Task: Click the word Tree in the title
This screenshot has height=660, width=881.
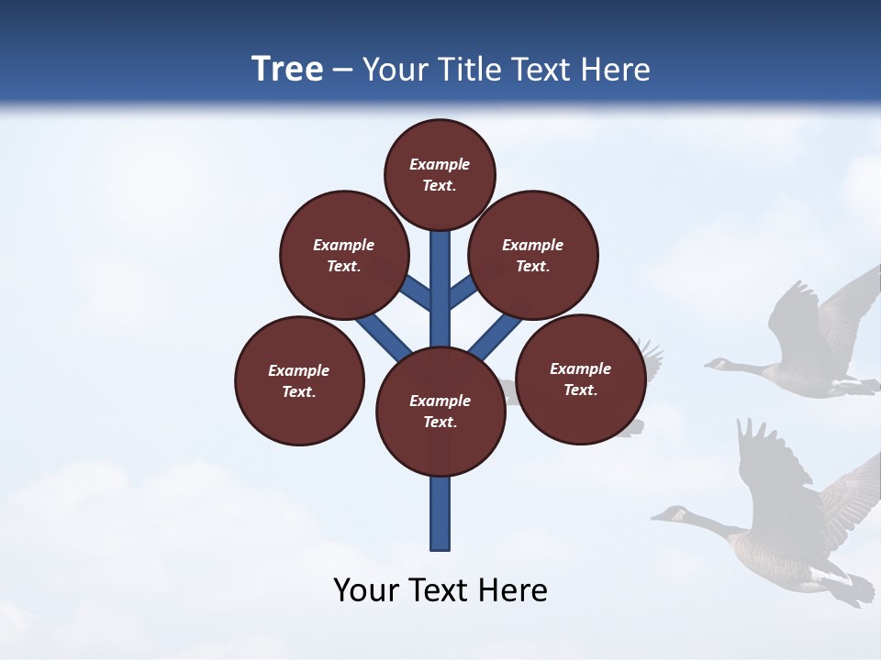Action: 287,70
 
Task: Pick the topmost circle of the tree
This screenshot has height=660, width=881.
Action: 440,174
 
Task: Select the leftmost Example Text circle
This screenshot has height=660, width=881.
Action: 299,380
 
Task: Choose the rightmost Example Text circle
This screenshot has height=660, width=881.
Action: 580,379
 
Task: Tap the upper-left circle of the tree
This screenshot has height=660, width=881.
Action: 344,255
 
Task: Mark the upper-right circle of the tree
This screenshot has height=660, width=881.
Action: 533,255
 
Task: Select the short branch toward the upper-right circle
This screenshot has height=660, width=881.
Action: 463,291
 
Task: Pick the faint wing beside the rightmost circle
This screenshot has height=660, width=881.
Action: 650,359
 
